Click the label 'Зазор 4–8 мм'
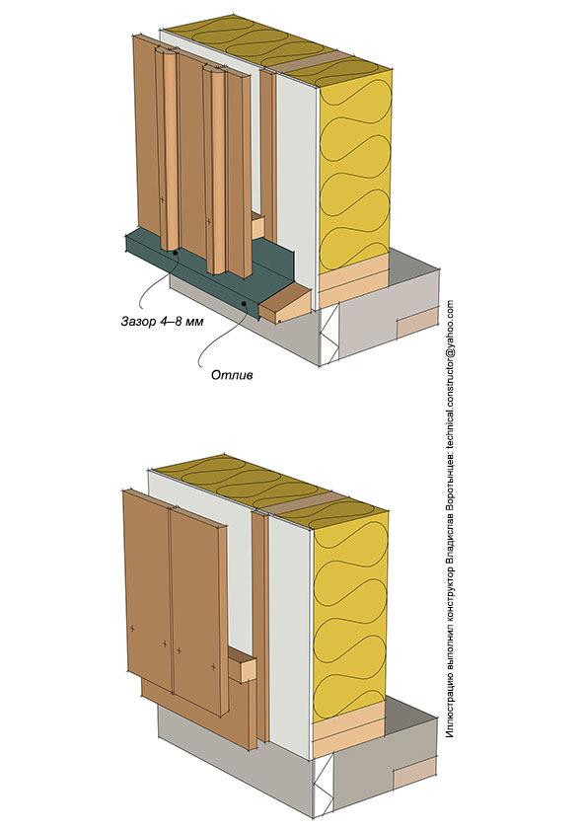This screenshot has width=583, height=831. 162,321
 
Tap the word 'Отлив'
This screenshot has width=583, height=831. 232,375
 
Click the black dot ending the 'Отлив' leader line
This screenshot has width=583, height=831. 244,304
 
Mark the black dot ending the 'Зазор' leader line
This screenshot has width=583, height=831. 176,254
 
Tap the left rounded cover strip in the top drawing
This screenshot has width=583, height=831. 167,148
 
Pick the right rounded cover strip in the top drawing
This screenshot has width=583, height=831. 215,169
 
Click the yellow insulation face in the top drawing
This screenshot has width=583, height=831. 354,169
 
